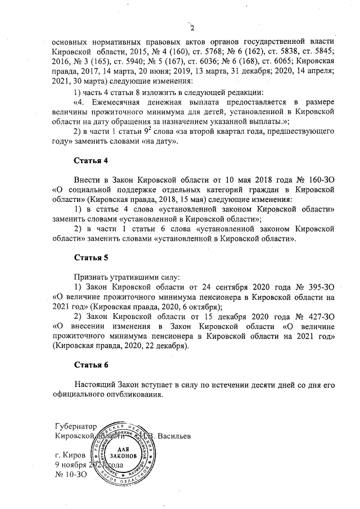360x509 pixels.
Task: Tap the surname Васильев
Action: pyautogui.click(x=177, y=436)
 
